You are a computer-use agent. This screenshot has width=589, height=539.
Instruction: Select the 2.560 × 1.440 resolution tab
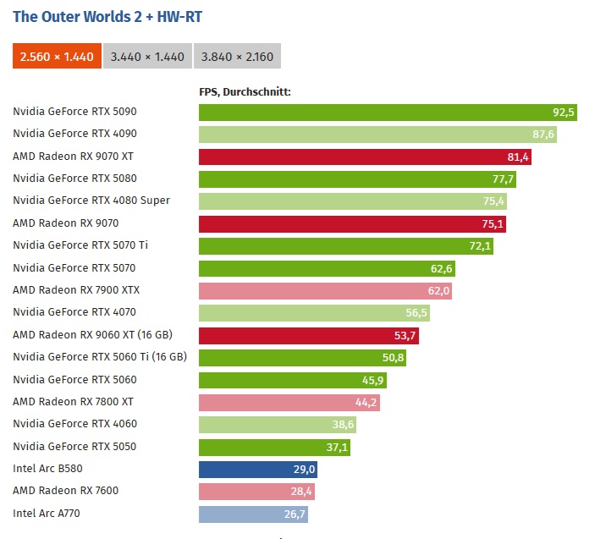click(57, 57)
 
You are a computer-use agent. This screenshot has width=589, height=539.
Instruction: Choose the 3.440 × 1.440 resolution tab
click(147, 57)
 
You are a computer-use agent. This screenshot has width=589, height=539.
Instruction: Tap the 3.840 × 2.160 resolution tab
click(237, 57)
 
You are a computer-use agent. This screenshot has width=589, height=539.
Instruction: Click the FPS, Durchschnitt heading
click(245, 91)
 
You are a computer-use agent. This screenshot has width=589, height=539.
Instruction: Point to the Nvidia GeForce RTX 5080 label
click(74, 179)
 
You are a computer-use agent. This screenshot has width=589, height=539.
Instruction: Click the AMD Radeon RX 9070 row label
click(66, 223)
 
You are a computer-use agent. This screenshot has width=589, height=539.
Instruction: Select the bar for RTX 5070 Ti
click(346, 245)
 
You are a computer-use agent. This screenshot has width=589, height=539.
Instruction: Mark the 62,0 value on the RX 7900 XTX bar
click(439, 290)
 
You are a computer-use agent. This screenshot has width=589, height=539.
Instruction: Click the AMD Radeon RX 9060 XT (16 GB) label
click(92, 335)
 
